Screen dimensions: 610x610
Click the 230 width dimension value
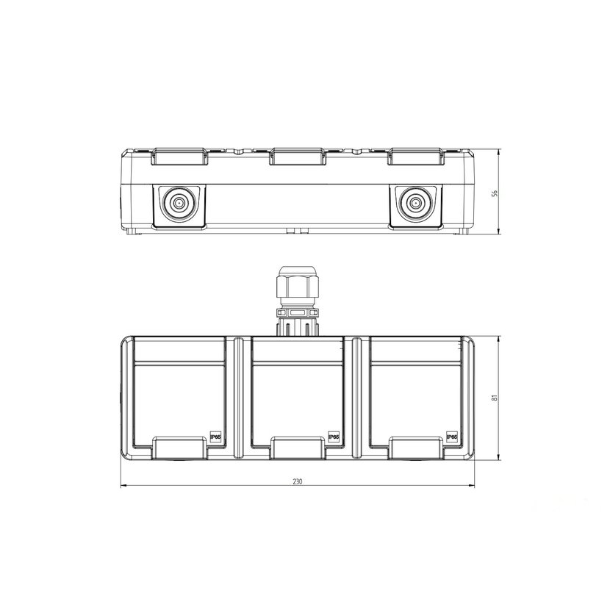(297, 481)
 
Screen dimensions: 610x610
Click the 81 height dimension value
(495, 398)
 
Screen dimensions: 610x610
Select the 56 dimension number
(495, 193)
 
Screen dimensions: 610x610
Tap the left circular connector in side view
(179, 203)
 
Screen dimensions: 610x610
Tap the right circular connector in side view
(415, 203)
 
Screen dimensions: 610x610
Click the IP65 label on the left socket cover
(215, 437)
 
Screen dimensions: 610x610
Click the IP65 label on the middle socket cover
(334, 437)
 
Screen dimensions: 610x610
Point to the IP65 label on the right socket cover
(452, 437)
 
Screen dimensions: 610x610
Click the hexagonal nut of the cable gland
(297, 287)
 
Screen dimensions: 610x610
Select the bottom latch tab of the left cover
(179, 448)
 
